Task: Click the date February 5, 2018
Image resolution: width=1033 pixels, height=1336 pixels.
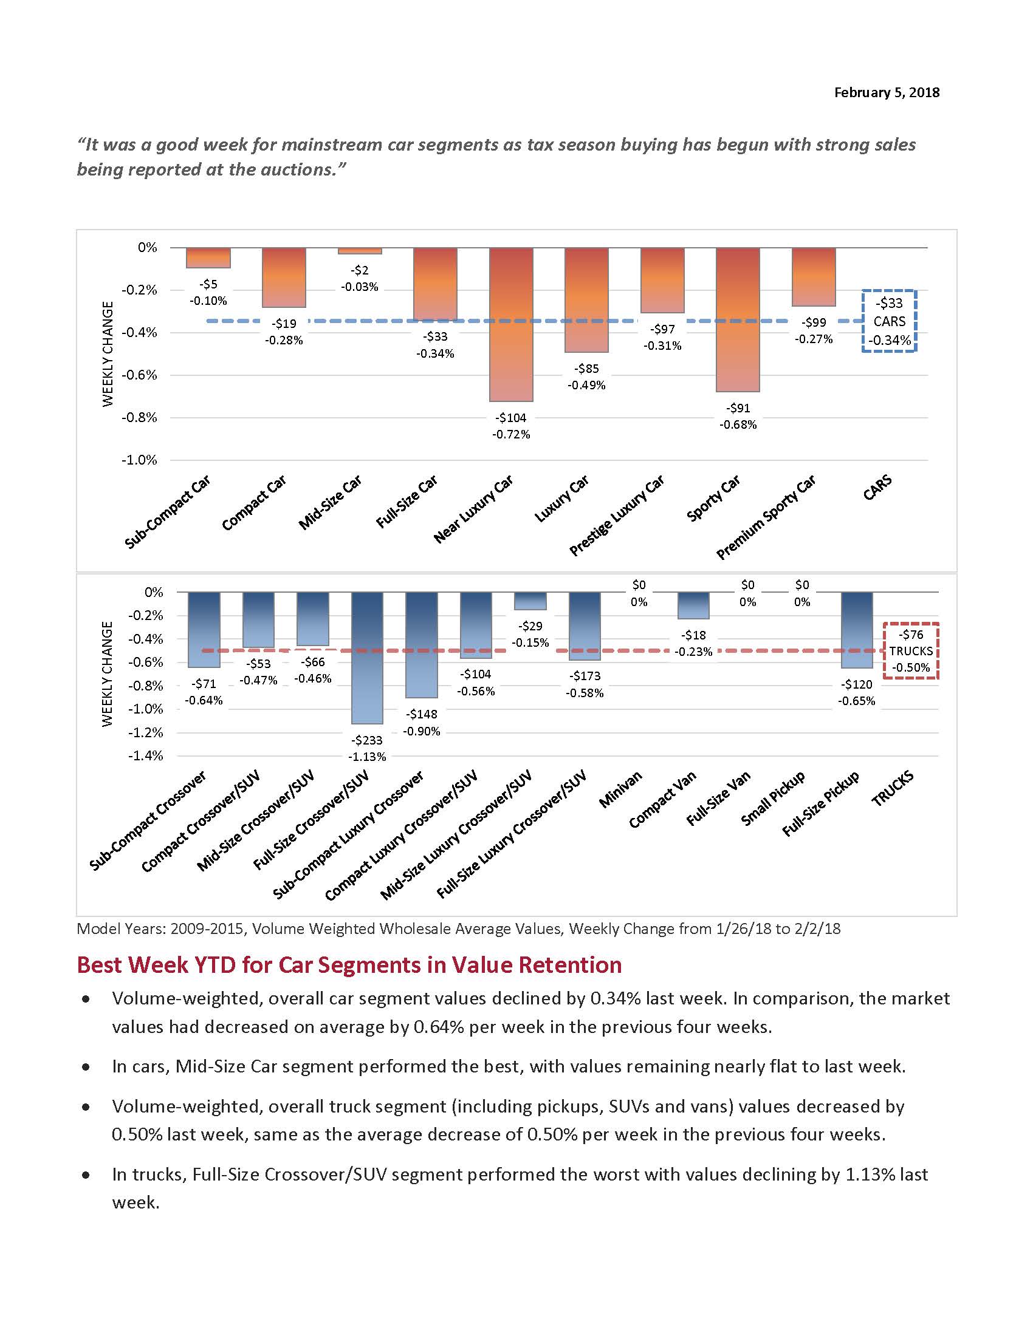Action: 886,92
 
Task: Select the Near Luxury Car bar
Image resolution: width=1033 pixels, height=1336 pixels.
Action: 511,324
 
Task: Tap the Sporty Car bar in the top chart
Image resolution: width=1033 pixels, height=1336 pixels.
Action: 738,319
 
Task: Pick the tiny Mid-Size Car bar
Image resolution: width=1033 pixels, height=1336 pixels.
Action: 360,251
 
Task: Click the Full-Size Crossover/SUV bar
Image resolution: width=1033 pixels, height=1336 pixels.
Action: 367,658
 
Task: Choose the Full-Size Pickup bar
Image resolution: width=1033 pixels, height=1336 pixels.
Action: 857,630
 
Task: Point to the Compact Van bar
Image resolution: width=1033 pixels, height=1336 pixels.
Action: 693,605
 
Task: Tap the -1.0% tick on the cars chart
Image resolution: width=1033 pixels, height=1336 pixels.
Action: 140,460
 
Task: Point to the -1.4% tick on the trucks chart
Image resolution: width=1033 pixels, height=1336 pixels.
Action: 146,755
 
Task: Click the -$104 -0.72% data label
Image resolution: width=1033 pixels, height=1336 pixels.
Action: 511,426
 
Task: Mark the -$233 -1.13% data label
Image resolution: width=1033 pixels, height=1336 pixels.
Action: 367,748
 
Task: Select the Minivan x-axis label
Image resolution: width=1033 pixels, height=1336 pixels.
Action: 620,789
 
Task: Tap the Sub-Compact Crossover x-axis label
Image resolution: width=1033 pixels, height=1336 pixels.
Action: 148,821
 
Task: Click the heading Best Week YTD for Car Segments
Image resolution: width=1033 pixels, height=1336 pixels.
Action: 349,965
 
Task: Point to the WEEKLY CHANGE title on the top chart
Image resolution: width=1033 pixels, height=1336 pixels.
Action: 108,353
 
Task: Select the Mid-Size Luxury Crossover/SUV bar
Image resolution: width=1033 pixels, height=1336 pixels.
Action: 530,601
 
